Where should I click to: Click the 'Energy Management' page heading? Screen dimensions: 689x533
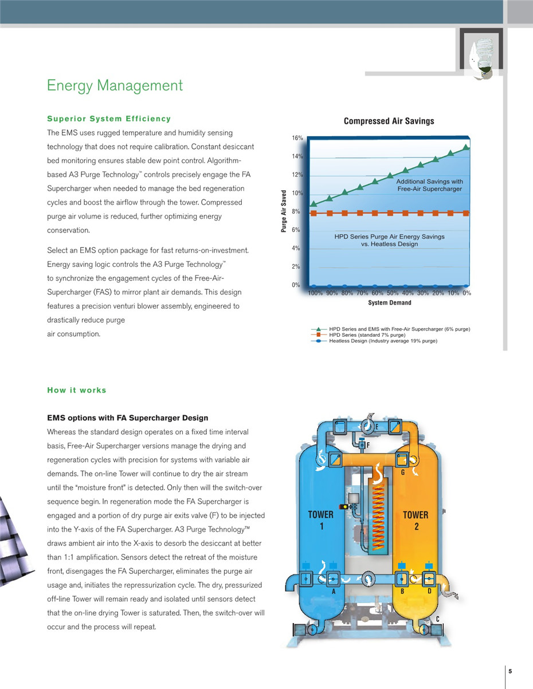click(115, 86)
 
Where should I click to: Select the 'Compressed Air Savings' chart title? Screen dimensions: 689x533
click(389, 121)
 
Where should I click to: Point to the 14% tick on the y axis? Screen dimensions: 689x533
click(296, 156)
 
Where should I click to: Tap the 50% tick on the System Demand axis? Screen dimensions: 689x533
click(393, 293)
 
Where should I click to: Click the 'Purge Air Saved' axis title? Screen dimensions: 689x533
click(284, 211)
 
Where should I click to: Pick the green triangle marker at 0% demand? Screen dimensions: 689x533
click(466, 147)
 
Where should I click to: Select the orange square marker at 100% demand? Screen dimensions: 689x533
click(313, 213)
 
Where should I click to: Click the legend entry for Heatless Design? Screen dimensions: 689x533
click(383, 341)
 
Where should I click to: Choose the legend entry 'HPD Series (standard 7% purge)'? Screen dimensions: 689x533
click(367, 335)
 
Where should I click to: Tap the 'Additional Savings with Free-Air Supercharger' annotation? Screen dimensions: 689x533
click(429, 185)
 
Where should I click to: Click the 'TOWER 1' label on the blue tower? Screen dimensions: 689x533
click(320, 520)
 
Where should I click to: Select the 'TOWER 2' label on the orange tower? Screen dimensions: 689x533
click(416, 520)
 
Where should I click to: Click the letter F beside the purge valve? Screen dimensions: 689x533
click(369, 444)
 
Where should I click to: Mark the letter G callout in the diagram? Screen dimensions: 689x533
click(403, 473)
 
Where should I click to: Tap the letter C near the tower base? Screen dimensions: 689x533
click(437, 619)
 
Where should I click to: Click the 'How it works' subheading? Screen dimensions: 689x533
click(77, 390)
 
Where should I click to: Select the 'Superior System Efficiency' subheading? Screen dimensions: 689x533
click(109, 119)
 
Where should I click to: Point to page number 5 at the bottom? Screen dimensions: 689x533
click(510, 671)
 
